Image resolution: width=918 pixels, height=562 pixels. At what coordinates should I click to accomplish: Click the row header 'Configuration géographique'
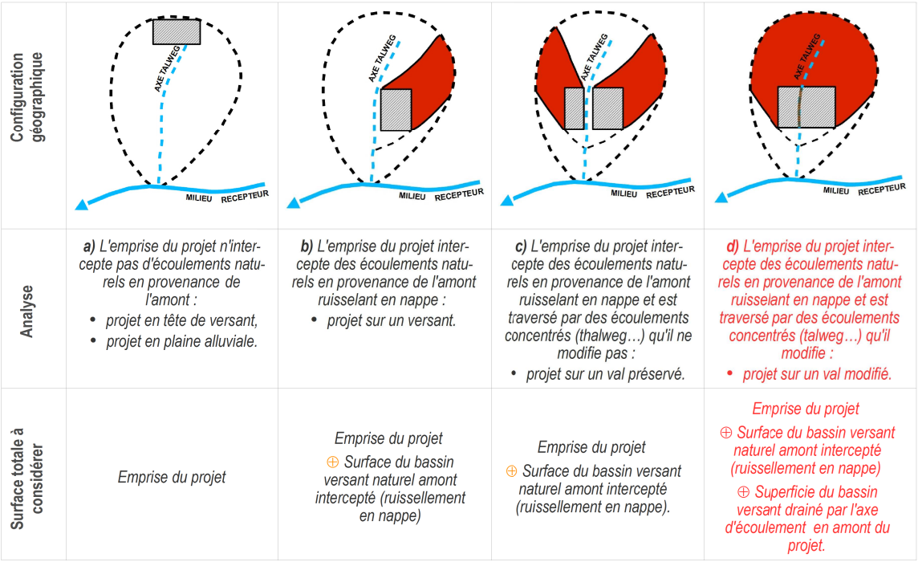(27, 97)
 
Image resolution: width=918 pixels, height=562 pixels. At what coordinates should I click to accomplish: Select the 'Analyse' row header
(27, 312)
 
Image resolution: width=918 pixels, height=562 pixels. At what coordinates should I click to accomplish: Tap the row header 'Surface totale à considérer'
(27, 479)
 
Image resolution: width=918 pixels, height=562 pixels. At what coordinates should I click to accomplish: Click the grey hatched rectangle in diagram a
(177, 31)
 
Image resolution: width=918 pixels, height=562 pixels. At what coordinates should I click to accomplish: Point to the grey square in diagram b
(396, 109)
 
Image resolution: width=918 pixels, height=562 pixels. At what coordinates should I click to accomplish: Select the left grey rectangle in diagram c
(575, 108)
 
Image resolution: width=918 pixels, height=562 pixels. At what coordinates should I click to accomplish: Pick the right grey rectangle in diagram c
(607, 108)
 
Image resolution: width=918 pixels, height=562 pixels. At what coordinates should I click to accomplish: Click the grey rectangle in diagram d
(806, 108)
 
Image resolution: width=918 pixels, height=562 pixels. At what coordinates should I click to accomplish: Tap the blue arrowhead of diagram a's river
(81, 205)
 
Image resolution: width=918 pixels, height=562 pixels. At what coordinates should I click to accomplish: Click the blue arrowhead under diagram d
(721, 198)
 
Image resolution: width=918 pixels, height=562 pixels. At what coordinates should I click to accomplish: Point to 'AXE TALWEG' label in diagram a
(167, 68)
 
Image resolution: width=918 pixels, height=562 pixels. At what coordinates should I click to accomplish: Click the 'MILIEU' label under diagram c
(624, 193)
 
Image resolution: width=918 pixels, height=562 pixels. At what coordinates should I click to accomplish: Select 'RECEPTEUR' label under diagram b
(459, 194)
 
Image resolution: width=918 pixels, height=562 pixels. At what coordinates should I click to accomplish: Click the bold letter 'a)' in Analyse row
(89, 246)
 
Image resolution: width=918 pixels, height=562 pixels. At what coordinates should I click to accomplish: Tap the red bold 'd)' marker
(733, 246)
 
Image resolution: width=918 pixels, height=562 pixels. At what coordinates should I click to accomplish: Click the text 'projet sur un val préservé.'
(605, 374)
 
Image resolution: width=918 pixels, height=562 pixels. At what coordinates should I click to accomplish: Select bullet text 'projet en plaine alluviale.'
(181, 342)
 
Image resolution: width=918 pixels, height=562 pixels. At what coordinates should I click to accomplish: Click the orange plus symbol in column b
(332, 462)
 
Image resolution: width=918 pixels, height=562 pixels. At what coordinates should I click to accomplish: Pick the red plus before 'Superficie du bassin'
(744, 491)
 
